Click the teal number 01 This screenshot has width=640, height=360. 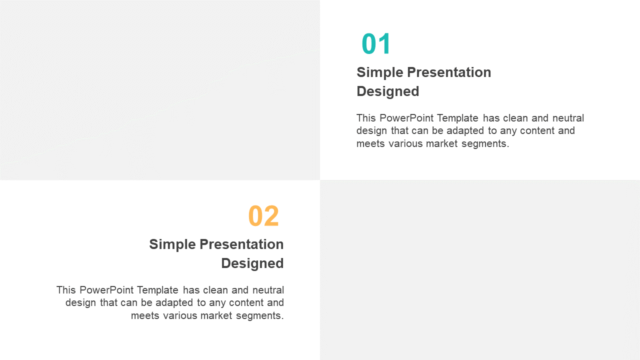point(375,43)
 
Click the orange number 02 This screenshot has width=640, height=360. point(263,215)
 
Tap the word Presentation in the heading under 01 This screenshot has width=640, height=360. point(449,72)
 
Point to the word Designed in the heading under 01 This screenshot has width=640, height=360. point(387,91)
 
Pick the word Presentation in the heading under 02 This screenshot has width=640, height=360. point(241,244)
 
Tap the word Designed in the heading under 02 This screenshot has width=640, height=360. point(252,263)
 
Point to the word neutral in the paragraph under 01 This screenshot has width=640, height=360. point(568,118)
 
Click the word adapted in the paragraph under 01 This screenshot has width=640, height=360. point(465,131)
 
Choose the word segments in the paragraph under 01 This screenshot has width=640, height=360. point(485,143)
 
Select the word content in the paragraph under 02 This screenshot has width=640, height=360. point(246,303)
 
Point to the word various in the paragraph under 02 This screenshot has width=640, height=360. point(179,315)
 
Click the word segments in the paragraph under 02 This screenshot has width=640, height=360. point(259,315)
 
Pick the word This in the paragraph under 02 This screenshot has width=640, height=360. point(65,290)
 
